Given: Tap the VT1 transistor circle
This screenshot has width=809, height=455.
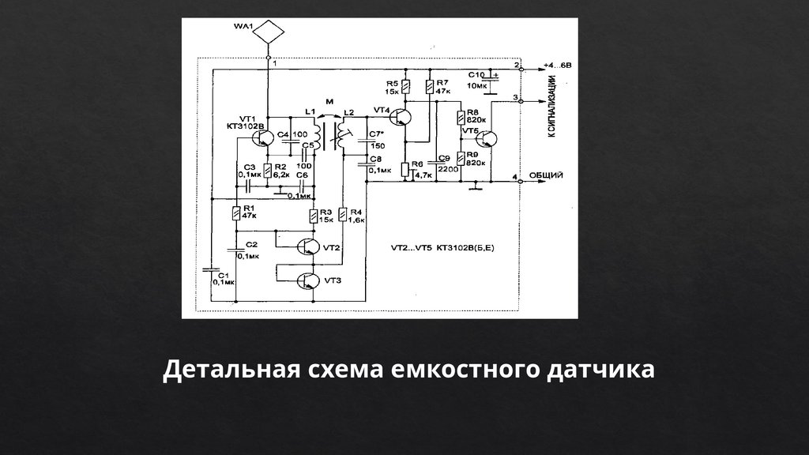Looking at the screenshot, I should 263,137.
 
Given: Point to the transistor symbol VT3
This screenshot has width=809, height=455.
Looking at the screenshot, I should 310,280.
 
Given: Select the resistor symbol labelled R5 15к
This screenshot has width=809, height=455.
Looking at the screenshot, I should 404,86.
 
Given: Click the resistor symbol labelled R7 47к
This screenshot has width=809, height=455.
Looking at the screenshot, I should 429,85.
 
